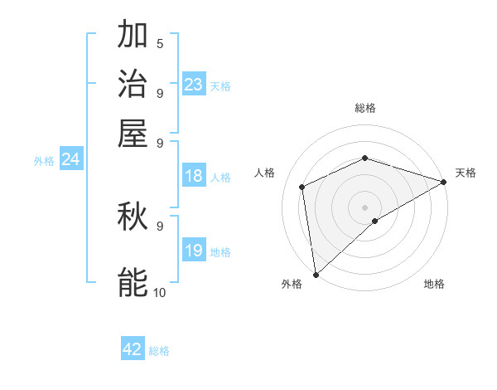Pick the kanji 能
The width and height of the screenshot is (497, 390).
tap(133, 282)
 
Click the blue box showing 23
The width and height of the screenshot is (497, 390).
tap(194, 85)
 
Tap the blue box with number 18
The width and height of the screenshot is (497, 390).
tap(194, 176)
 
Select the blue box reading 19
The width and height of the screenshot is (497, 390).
tap(194, 251)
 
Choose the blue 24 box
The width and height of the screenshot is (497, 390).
tap(70, 160)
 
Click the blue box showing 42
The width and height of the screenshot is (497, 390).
tap(133, 349)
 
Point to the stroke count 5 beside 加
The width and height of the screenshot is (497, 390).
tap(160, 43)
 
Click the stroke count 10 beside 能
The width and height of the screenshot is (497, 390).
tap(160, 292)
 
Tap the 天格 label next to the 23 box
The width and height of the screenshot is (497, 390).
tap(220, 86)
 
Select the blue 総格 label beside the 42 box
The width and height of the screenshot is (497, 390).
tap(159, 351)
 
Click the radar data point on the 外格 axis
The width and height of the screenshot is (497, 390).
tap(316, 275)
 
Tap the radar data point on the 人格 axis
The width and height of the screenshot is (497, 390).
tap(302, 187)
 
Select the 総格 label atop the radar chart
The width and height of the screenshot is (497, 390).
tap(364, 108)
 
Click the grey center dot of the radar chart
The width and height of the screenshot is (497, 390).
tap(364, 207)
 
